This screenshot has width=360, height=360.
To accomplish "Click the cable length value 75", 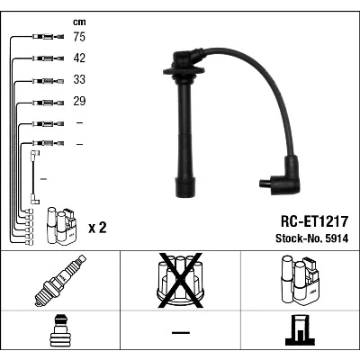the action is coord(79,37).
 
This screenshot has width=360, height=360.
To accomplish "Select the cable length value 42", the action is coord(79,58).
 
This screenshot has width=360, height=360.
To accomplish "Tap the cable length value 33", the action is coord(79,79).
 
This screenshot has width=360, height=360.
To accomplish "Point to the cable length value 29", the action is coord(79,101).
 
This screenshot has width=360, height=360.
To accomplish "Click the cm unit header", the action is coord(79,22).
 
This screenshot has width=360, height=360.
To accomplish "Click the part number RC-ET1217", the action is coord(314,221).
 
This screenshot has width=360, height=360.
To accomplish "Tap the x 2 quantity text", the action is coord(97,228).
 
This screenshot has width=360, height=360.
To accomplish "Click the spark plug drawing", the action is coord(60,280).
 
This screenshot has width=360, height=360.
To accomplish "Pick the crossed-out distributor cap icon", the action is coord(180,280).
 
